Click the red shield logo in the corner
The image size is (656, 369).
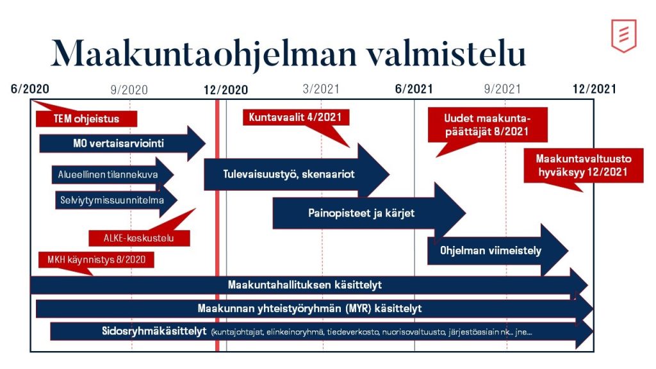[623, 35]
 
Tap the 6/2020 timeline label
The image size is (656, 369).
[30, 89]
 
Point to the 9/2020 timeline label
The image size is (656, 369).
[129, 90]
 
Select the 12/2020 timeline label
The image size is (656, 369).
[225, 90]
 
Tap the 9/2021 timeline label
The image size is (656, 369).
[503, 89]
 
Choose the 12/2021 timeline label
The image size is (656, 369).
[594, 89]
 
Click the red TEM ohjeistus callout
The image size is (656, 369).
[86, 119]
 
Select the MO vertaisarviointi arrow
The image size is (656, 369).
[119, 143]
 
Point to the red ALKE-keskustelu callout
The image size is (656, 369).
[140, 238]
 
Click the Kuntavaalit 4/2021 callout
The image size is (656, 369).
[295, 117]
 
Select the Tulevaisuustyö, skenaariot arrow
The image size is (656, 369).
[289, 174]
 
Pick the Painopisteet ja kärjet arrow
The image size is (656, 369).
[361, 213]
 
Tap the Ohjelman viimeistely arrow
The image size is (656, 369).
[491, 250]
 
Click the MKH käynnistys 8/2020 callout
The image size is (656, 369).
[92, 259]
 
